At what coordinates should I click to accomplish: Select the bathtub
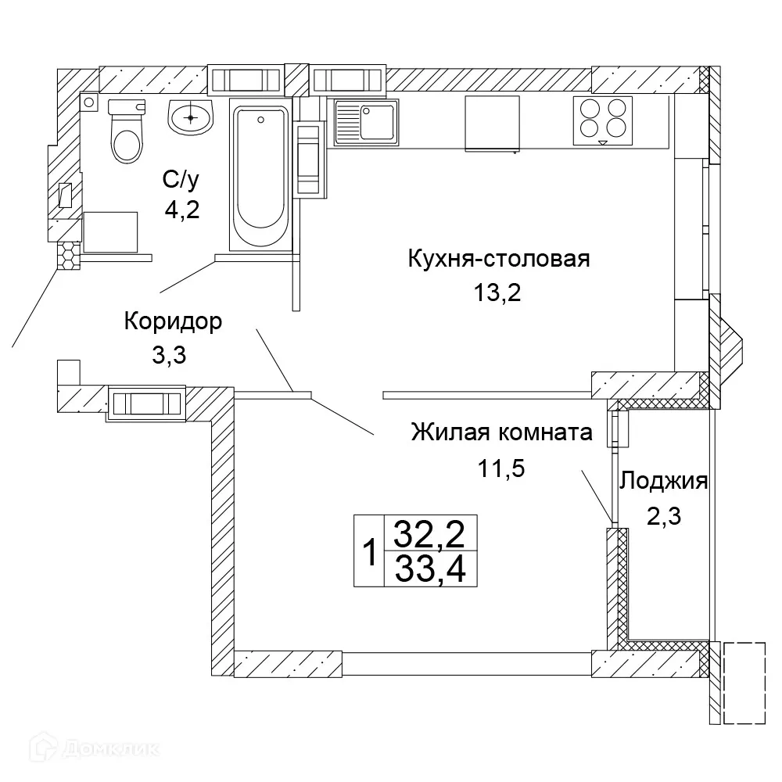[x=260, y=176]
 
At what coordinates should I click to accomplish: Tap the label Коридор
[x=173, y=321]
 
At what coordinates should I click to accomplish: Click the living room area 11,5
[x=500, y=468]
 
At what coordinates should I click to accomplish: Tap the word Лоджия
[x=663, y=481]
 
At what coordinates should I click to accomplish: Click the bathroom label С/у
[x=181, y=181]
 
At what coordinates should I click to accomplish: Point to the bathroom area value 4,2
[x=181, y=211]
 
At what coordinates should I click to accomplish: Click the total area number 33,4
[x=430, y=569]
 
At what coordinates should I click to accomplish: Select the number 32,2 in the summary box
[x=430, y=534]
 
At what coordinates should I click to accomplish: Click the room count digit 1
[x=370, y=553]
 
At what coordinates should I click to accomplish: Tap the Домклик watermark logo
[x=86, y=748]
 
